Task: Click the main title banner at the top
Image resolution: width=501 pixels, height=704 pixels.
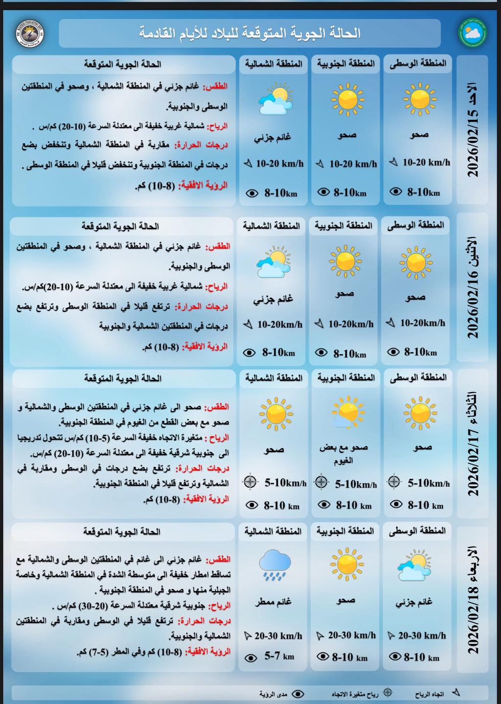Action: pyautogui.click(x=250, y=33)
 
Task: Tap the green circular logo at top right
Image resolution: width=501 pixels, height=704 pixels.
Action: pyautogui.click(x=473, y=33)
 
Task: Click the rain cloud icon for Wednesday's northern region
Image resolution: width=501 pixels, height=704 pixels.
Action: pyautogui.click(x=274, y=565)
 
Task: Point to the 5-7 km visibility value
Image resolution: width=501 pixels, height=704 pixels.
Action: pyautogui.click(x=279, y=657)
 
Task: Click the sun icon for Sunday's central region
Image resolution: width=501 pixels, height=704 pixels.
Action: pyautogui.click(x=419, y=99)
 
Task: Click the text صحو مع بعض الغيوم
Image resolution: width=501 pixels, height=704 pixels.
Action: pyautogui.click(x=344, y=454)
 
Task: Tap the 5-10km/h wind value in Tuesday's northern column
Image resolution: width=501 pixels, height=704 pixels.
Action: pyautogui.click(x=285, y=483)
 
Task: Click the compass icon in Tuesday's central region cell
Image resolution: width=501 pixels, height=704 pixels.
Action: pyautogui.click(x=393, y=482)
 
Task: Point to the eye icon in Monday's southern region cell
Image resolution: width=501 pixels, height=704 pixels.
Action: pyautogui.click(x=321, y=352)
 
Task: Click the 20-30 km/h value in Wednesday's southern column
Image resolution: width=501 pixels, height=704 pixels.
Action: pyautogui.click(x=352, y=635)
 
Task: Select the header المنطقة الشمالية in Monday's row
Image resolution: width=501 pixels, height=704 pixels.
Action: pyautogui.click(x=271, y=226)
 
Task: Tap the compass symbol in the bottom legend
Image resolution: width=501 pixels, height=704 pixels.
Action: pyautogui.click(x=387, y=692)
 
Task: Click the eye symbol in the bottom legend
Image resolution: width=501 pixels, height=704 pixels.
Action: pyautogui.click(x=298, y=693)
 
